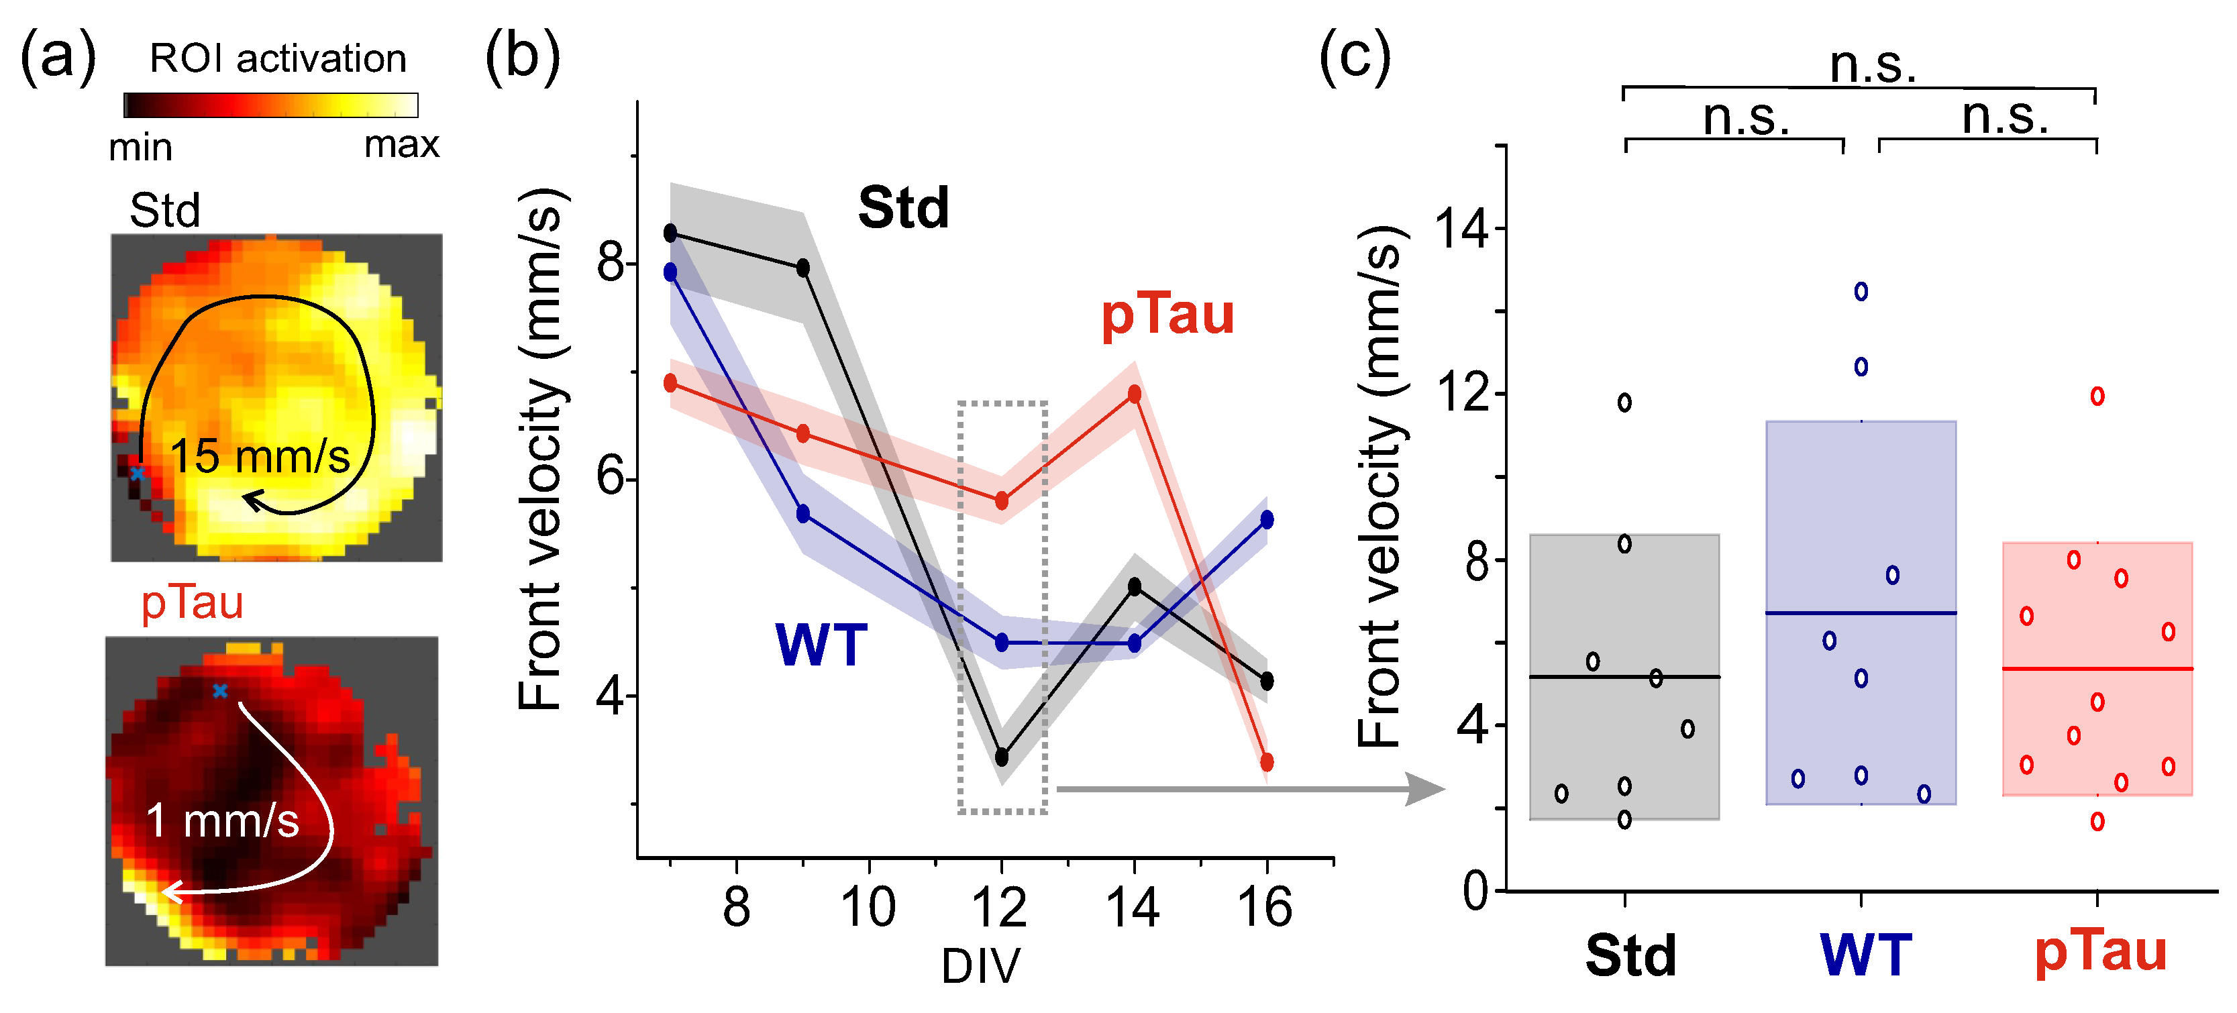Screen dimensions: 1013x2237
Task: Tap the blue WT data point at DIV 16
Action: [1267, 520]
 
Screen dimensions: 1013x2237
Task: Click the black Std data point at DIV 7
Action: [670, 233]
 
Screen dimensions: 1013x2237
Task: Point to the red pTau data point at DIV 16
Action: [1267, 762]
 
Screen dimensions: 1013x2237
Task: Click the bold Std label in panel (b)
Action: [903, 209]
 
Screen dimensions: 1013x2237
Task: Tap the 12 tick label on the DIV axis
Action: [1000, 908]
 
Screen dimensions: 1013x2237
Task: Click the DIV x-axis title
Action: [982, 966]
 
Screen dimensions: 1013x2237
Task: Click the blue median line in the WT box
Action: [1861, 614]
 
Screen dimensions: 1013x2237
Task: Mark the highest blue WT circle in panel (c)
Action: [1861, 292]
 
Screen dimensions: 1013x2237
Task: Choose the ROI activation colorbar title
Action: [278, 59]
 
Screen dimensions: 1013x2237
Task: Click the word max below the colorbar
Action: [401, 145]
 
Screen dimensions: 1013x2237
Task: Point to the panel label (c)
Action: [1355, 56]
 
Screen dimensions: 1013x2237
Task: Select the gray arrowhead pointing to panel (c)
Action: [1425, 789]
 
